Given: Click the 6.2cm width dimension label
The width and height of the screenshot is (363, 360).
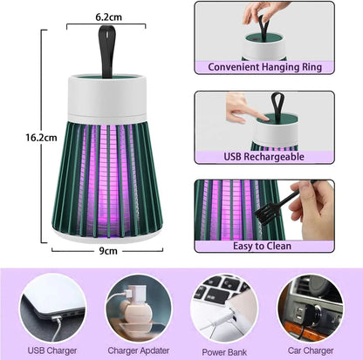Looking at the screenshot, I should (x=108, y=15).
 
